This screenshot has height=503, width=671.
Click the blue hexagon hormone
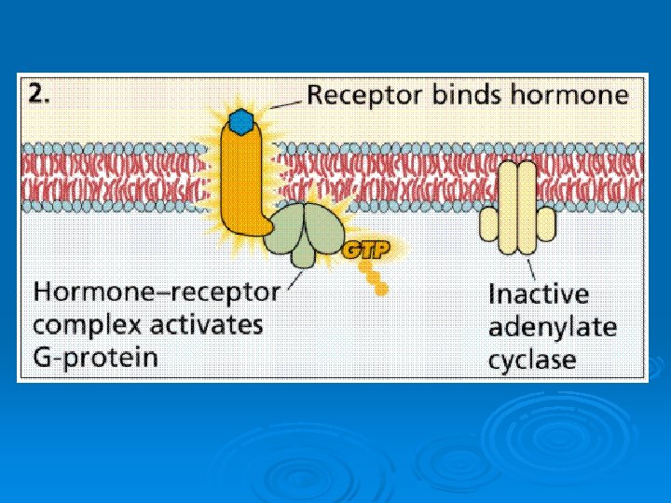click(242, 120)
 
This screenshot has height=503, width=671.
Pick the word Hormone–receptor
click(157, 292)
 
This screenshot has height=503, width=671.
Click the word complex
click(87, 326)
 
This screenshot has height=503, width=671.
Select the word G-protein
click(96, 358)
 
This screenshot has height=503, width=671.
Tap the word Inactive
click(539, 294)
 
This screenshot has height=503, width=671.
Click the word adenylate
click(552, 327)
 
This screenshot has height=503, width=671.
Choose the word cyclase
click(533, 360)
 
